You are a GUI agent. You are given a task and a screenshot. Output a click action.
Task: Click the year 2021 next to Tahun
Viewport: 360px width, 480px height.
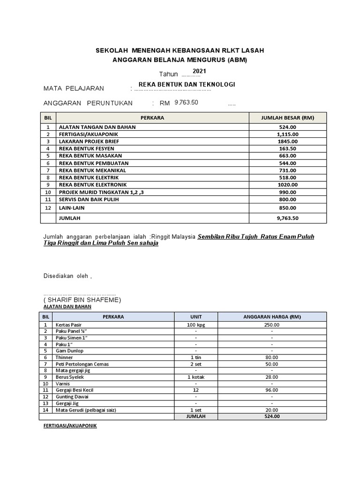199,71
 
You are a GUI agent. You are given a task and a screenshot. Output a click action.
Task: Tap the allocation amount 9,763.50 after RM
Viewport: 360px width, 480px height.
186,102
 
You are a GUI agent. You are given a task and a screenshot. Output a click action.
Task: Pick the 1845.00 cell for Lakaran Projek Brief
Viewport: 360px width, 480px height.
287,141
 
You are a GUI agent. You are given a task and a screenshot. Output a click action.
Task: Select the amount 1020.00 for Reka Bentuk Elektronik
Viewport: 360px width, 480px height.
287,185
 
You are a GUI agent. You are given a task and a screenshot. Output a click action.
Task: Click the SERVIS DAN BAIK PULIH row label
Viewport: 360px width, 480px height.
89,199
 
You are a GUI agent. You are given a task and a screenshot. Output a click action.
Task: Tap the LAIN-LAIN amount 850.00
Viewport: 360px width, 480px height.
287,208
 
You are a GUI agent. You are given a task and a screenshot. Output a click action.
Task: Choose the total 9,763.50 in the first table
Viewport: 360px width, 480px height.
287,218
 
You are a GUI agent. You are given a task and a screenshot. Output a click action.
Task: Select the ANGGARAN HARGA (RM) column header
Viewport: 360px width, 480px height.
271,316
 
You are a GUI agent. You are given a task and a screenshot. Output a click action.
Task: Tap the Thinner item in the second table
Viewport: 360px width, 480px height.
64,357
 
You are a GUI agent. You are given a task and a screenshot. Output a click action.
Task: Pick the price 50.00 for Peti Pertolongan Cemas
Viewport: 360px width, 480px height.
271,364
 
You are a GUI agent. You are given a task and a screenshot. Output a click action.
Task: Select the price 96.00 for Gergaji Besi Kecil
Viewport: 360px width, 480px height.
271,390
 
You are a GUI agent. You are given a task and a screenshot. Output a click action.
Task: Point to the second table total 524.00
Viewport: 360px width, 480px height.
271,416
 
